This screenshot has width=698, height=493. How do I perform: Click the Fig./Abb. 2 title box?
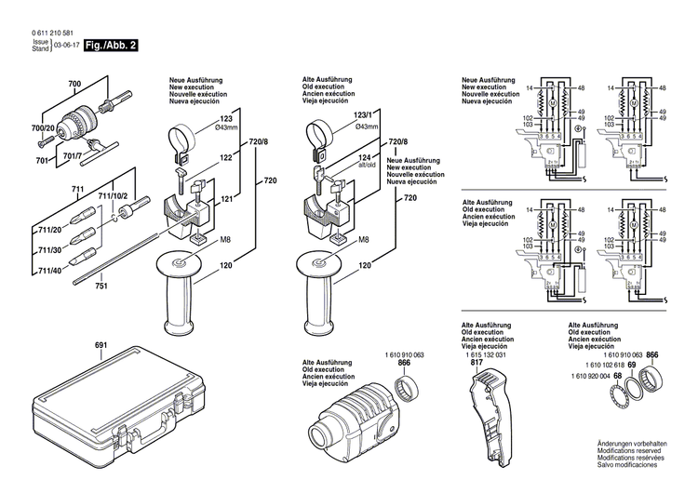coord(111,45)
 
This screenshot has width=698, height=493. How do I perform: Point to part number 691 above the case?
coord(101,346)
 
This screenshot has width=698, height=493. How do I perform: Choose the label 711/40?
coord(50,271)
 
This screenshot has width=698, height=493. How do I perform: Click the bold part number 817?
coord(477,364)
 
